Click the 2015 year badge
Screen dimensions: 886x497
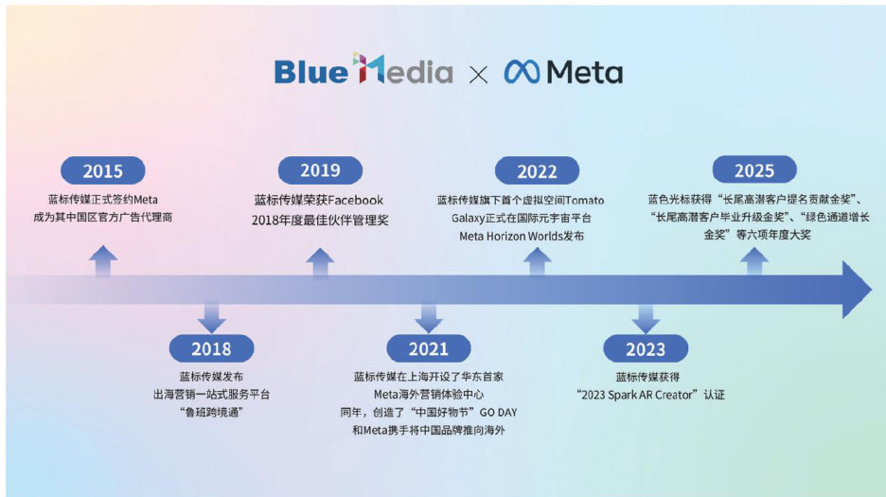coord(103,170)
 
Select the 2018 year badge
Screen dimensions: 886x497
coord(211,348)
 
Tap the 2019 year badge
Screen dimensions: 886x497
coord(320,169)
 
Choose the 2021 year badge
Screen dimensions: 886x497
coord(428,348)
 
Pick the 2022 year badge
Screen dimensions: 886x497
coord(537,170)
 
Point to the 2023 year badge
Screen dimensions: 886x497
coord(646,349)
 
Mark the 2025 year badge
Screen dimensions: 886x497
coord(754,169)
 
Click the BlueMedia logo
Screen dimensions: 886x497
coord(363,69)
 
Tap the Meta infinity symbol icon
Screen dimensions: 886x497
coord(522,72)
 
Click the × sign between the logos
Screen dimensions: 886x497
coord(478,75)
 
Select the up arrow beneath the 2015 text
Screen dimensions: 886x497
coord(103,260)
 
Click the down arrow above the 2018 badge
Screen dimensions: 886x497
coord(211,318)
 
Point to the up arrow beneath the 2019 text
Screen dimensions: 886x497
coord(320,262)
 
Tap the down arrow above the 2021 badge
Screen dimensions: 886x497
coord(428,318)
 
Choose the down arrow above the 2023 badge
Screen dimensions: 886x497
coord(646,319)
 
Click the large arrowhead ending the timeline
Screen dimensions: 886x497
coord(856,290)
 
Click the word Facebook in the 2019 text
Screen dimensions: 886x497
coord(355,200)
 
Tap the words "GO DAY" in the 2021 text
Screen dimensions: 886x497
coord(498,413)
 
